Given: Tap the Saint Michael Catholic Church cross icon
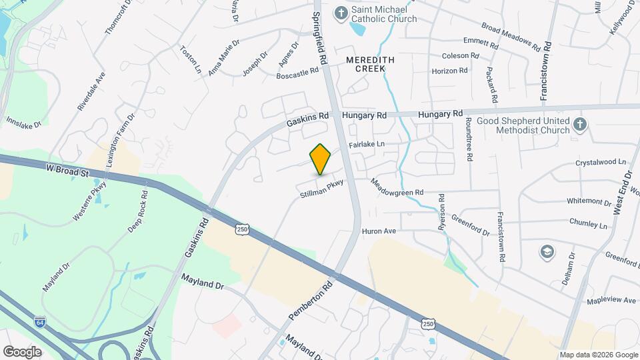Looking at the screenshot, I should click(x=341, y=13).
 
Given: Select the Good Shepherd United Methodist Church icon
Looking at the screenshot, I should click(x=580, y=123).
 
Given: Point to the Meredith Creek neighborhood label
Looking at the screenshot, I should click(x=370, y=64).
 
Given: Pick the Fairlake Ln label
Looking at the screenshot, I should click(x=367, y=144).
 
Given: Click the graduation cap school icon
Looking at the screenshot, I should click(x=547, y=251).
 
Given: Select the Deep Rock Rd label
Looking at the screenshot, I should click(x=137, y=211).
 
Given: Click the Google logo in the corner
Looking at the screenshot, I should click(x=22, y=351).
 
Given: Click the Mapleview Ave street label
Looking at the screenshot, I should click(x=611, y=301).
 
